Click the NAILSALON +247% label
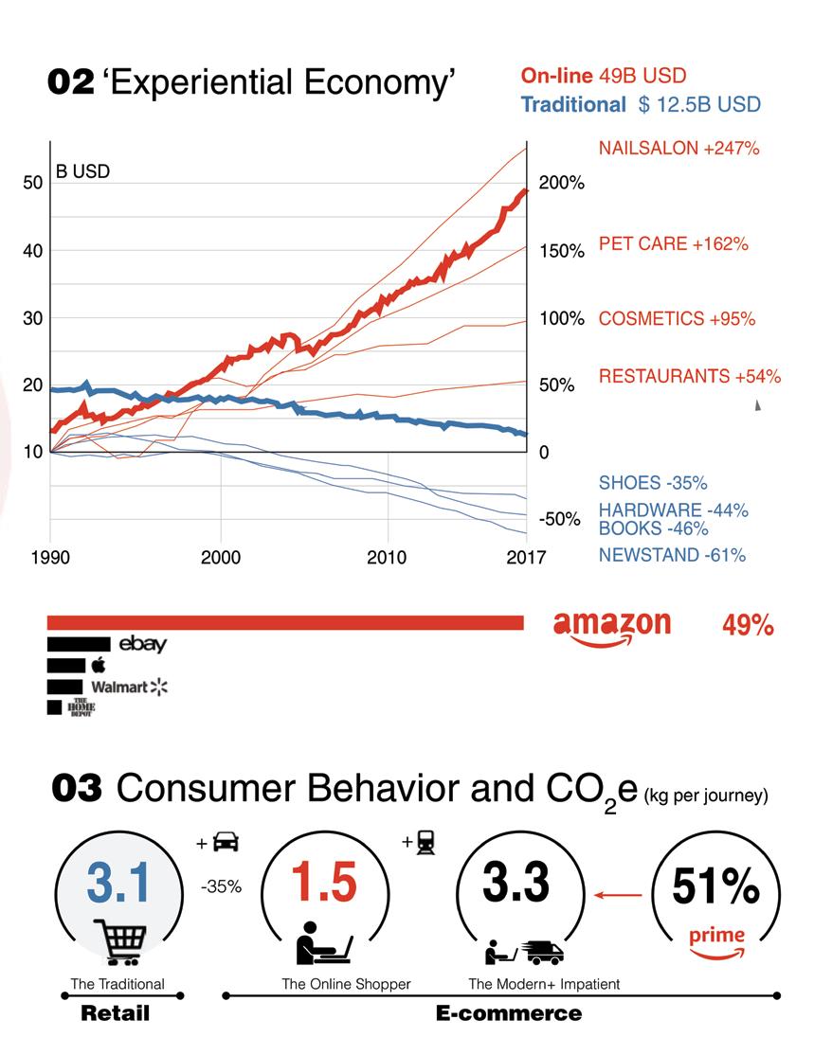point(678,149)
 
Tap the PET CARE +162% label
point(673,243)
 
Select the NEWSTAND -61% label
point(672,555)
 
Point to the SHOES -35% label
point(653,483)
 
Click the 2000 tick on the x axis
point(221,557)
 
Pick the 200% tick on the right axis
point(561,183)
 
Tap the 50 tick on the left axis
point(33,183)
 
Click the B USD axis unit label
point(82,171)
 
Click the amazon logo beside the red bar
point(611,627)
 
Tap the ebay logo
point(142,644)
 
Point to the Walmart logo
point(128,686)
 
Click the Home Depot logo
point(81,706)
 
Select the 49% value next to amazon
point(748,626)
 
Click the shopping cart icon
point(121,942)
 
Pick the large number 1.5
point(323,883)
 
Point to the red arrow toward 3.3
point(618,893)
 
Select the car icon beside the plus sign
point(226,842)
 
